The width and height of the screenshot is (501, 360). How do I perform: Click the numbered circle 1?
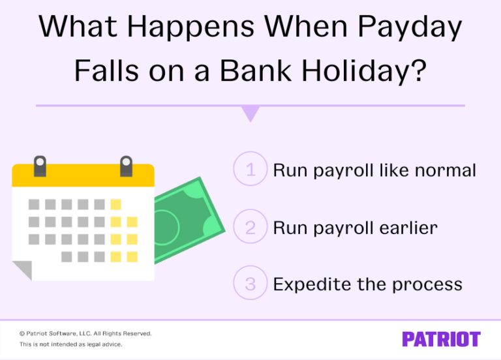pyautogui.click(x=250, y=170)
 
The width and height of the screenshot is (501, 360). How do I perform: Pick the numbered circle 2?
pyautogui.click(x=250, y=228)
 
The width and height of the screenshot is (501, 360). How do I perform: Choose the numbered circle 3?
pyautogui.click(x=250, y=284)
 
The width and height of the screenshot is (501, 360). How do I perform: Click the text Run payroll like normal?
pyautogui.click(x=374, y=171)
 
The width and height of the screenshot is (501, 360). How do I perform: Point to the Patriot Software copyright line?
pyautogui.click(x=85, y=333)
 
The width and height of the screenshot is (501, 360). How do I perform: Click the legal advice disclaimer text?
pyautogui.click(x=70, y=344)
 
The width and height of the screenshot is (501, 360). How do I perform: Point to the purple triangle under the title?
pyautogui.click(x=250, y=114)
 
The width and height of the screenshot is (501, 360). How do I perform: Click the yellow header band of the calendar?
pyautogui.click(x=83, y=175)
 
